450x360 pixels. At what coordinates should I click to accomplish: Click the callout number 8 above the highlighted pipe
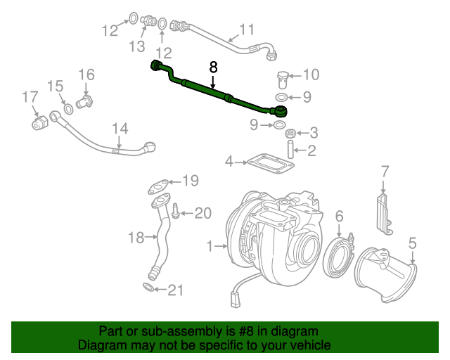tap(214, 67)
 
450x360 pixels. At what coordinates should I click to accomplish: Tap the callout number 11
tap(245, 30)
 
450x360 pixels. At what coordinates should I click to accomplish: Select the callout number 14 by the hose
tap(120, 129)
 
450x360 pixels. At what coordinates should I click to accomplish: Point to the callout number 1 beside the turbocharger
tap(209, 246)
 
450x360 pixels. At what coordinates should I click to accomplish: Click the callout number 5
tap(413, 243)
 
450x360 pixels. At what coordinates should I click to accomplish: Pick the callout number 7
tap(385, 171)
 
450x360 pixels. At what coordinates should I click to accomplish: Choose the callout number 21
tap(174, 288)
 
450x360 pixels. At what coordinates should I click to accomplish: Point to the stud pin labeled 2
tap(289, 150)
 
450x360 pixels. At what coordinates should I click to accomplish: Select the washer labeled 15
tap(68, 110)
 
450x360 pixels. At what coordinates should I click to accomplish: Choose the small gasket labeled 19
tap(159, 186)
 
